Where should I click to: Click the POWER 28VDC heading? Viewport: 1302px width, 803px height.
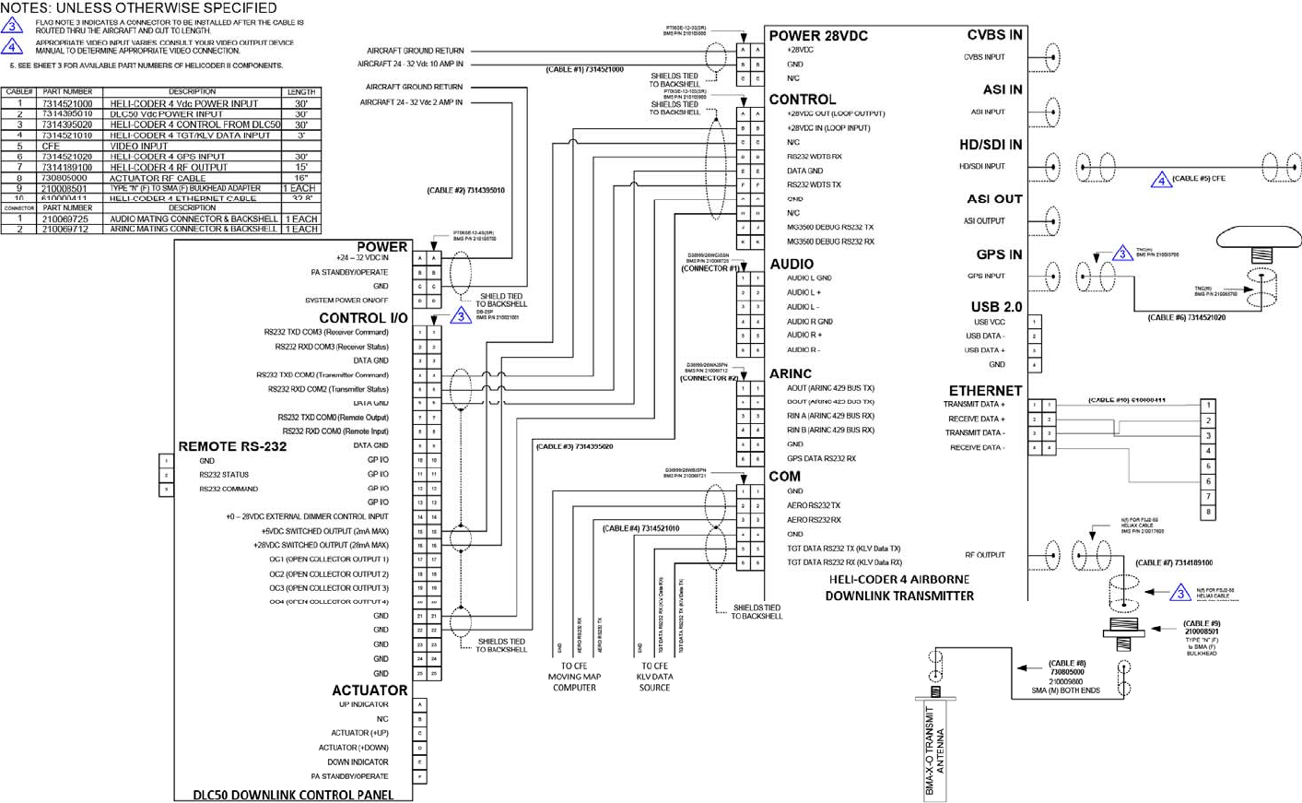coord(818,36)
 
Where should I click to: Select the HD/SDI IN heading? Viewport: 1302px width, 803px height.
coord(991,145)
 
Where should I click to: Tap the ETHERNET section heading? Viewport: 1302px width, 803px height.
coord(985,391)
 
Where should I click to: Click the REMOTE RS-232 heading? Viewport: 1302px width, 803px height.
coord(232,446)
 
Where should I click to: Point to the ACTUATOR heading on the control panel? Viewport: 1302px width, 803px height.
coord(369,690)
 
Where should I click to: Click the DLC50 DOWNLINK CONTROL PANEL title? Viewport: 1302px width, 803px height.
coord(293,795)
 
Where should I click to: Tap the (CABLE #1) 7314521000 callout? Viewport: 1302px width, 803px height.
coord(584,69)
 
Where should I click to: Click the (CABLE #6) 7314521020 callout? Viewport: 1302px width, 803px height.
coord(1186,317)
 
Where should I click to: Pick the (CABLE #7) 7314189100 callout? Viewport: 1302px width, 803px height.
coord(1174,562)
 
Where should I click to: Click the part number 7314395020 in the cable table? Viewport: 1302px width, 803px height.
coord(67,124)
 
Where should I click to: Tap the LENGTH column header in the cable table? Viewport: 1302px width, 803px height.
coord(301,92)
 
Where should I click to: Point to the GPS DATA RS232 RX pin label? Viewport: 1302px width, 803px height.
coord(821,458)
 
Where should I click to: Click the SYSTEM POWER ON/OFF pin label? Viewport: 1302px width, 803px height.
coord(346,301)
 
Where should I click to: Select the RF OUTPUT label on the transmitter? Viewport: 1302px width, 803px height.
coord(985,555)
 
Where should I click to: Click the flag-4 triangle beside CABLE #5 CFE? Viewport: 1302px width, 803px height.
coord(1161,179)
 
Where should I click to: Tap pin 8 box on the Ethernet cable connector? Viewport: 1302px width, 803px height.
coord(1208,512)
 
